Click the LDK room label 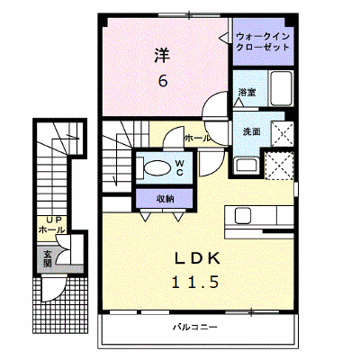point(197,258)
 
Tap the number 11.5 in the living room point(195,282)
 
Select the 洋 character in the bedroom point(163,56)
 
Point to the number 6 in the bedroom point(163,80)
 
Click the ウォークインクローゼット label point(263,42)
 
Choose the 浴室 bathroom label point(247,92)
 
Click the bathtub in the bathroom point(281,88)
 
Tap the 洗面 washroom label point(251,131)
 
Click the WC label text point(180,168)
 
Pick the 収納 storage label point(166,199)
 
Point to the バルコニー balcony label point(195,327)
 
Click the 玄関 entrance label point(48,258)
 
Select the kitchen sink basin point(243,215)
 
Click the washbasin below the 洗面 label point(247,165)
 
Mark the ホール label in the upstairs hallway point(197,139)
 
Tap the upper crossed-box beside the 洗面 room point(283,134)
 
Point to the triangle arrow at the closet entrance point(223,38)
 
